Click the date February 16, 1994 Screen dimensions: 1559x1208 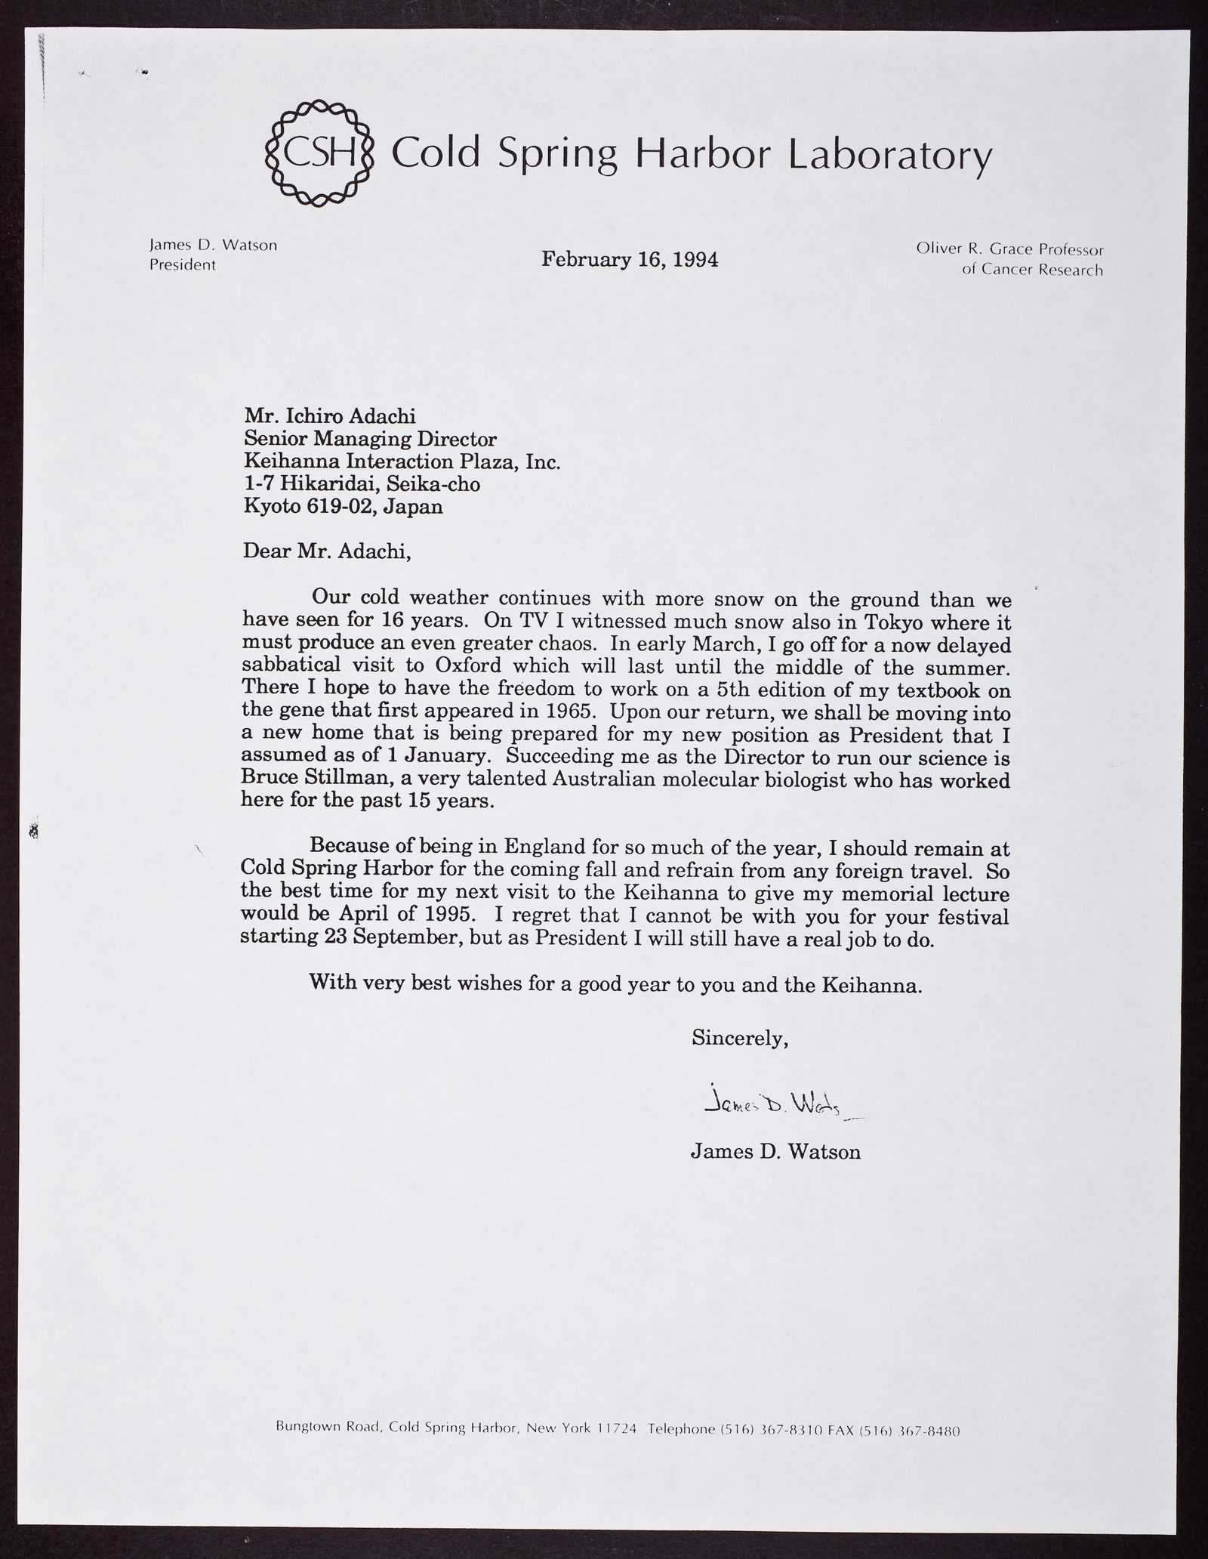pyautogui.click(x=630, y=260)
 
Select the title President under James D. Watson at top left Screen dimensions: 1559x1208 pyautogui.click(x=183, y=265)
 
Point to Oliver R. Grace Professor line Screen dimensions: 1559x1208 pyautogui.click(x=1009, y=249)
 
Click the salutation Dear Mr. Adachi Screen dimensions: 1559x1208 pyautogui.click(x=327, y=552)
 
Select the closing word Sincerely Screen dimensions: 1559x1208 pyautogui.click(x=740, y=1039)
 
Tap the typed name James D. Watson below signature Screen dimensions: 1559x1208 pyautogui.click(x=775, y=1152)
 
